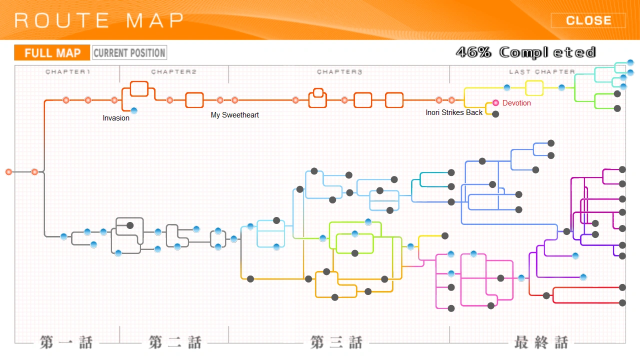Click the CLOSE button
tap(588, 20)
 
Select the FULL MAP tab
tap(52, 52)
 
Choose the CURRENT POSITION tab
tap(129, 52)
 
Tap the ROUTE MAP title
tap(99, 20)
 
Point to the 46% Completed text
tap(526, 52)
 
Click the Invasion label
tap(116, 118)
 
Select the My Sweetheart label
tap(235, 115)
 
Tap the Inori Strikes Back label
tap(454, 112)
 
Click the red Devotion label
tap(516, 103)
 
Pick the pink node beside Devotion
tap(495, 102)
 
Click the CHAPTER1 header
tap(67, 72)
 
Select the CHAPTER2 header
tap(174, 72)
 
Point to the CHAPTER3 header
tap(339, 72)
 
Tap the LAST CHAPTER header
tap(542, 72)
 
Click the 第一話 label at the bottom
tap(66, 343)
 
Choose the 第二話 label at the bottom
tap(175, 343)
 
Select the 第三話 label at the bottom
tap(336, 343)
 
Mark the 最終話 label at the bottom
tap(541, 343)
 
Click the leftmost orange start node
tap(8, 172)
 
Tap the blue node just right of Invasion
tap(134, 110)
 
